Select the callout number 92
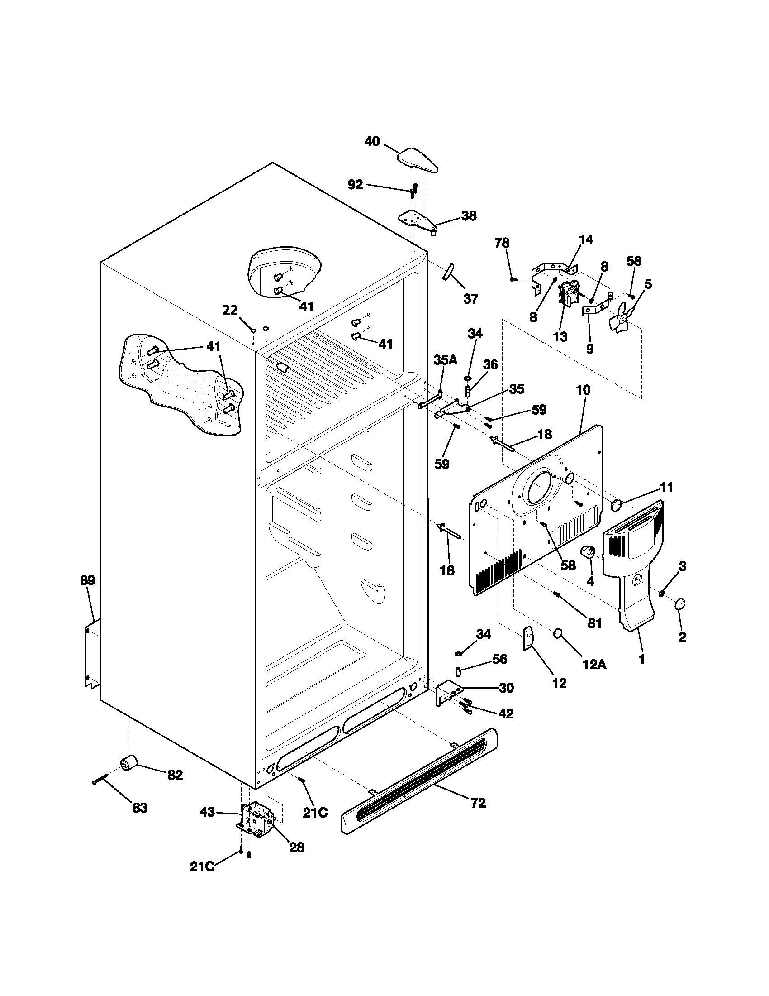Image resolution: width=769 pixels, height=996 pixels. [355, 185]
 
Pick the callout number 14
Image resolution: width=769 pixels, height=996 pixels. [586, 240]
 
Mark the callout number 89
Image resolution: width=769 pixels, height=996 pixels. [87, 580]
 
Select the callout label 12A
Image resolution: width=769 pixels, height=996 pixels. [594, 666]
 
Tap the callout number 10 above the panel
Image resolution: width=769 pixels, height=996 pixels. [583, 390]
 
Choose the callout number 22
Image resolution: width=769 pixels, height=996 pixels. [230, 310]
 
